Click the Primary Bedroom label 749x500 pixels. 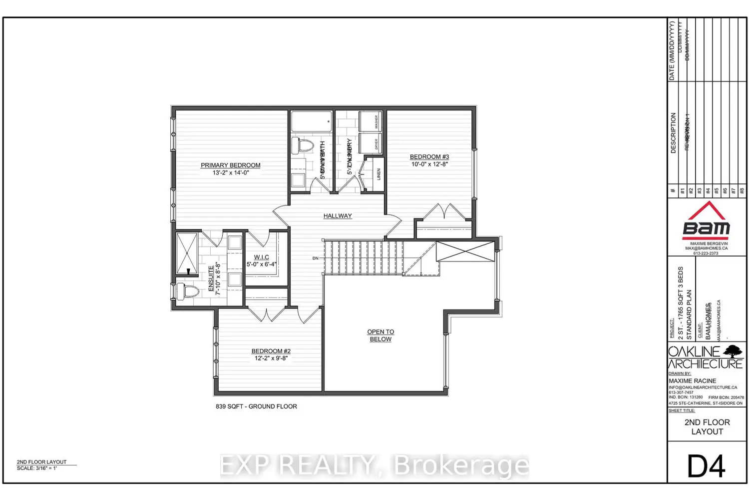(x=230, y=165)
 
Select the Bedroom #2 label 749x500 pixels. (x=271, y=351)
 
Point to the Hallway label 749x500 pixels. (x=338, y=216)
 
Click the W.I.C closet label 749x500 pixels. (x=261, y=257)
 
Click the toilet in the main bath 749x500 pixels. (x=302, y=145)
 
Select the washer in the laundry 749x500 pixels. (x=371, y=121)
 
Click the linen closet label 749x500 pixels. (x=379, y=174)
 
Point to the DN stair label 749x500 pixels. (x=316, y=258)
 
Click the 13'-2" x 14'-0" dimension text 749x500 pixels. (x=231, y=173)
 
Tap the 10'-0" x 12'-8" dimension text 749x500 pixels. (x=429, y=164)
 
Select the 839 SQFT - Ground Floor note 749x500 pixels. (x=256, y=406)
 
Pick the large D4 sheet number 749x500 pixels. (x=706, y=466)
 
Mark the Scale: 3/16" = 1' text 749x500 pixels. (x=37, y=468)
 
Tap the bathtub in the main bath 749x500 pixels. (x=312, y=121)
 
